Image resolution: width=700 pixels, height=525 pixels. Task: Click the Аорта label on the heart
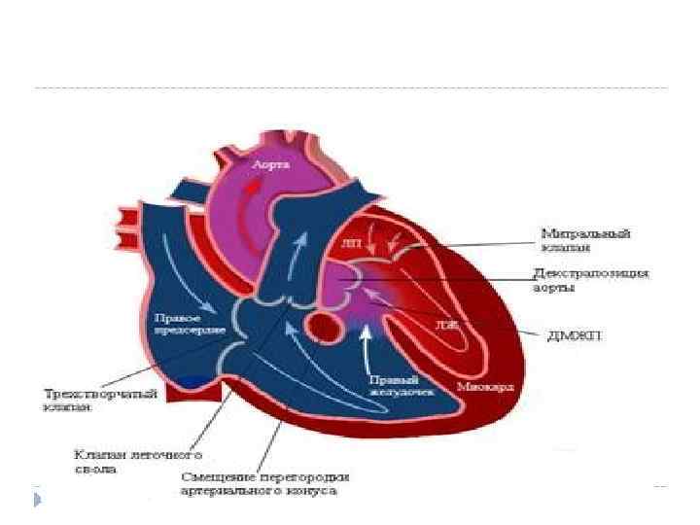coord(271,166)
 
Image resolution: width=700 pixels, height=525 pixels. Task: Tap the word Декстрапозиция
coord(592,273)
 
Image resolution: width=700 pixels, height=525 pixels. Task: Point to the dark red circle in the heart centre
coord(318,326)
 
